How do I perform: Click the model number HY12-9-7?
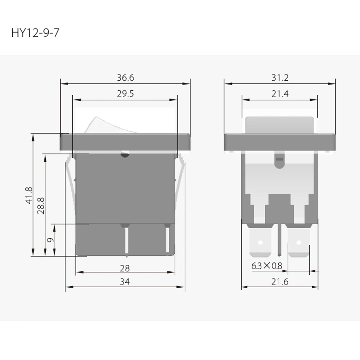point(35,33)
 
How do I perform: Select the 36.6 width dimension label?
point(125,78)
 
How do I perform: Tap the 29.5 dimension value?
point(125,94)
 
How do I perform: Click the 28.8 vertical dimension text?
point(41,205)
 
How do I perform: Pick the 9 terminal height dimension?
point(51,240)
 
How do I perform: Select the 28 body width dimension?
point(125,268)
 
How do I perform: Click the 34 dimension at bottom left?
point(125,282)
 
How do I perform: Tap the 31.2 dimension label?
point(280,78)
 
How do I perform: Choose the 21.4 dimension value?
point(280,94)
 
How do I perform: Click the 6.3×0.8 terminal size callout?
point(267,266)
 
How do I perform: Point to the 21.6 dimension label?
point(280,282)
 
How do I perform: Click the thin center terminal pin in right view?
point(280,239)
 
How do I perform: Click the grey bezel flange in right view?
point(280,142)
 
